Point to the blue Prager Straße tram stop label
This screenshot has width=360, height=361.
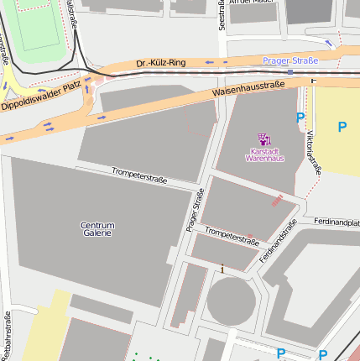[x=290, y=60]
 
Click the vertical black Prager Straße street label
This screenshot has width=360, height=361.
[x=196, y=210]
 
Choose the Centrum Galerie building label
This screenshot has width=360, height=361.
[x=97, y=229]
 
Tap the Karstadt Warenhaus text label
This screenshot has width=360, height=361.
[x=262, y=154]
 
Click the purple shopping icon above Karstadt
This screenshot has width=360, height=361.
[x=263, y=139]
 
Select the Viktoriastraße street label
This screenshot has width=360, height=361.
[x=313, y=151]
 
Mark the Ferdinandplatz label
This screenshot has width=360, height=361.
[x=337, y=222]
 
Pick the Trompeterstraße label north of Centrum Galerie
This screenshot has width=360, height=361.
[x=139, y=175]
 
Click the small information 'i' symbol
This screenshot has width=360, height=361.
[x=222, y=269]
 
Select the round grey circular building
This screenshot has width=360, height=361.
[x=230, y=301]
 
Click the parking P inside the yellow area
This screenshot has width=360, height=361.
[x=341, y=127]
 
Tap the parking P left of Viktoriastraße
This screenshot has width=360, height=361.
[x=300, y=119]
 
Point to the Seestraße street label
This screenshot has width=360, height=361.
[x=222, y=15]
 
